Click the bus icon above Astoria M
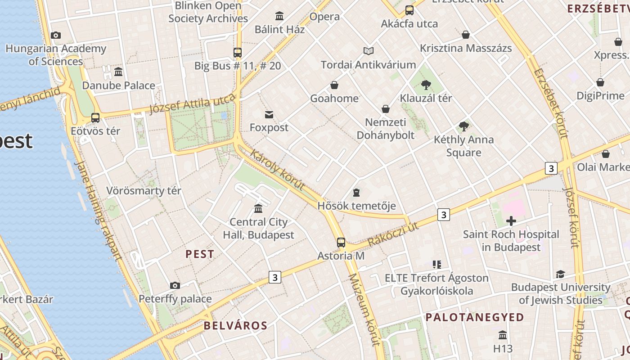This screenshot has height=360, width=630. pyautogui.click(x=341, y=243)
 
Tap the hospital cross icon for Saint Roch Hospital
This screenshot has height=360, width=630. pyautogui.click(x=511, y=221)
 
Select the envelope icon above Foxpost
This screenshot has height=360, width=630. pyautogui.click(x=269, y=115)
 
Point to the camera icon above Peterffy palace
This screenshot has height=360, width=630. pyautogui.click(x=175, y=285)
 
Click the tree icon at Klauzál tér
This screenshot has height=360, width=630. pyautogui.click(x=426, y=85)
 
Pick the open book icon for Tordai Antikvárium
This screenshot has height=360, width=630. pyautogui.click(x=369, y=51)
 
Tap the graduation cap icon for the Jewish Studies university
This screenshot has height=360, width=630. pyautogui.click(x=560, y=274)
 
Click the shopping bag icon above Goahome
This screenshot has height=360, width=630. pyautogui.click(x=334, y=85)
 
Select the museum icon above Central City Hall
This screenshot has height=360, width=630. pyautogui.click(x=258, y=208)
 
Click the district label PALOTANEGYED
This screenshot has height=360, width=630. pyautogui.click(x=475, y=317)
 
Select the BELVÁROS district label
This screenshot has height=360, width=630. pyautogui.click(x=235, y=325)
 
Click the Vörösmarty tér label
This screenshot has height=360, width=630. pyautogui.click(x=144, y=190)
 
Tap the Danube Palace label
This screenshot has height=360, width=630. pyautogui.click(x=118, y=85)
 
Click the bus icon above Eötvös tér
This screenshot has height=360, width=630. pyautogui.click(x=95, y=118)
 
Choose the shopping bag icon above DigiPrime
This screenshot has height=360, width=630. pyautogui.click(x=600, y=82)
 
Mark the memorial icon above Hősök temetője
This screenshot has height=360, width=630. pyautogui.click(x=356, y=193)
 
